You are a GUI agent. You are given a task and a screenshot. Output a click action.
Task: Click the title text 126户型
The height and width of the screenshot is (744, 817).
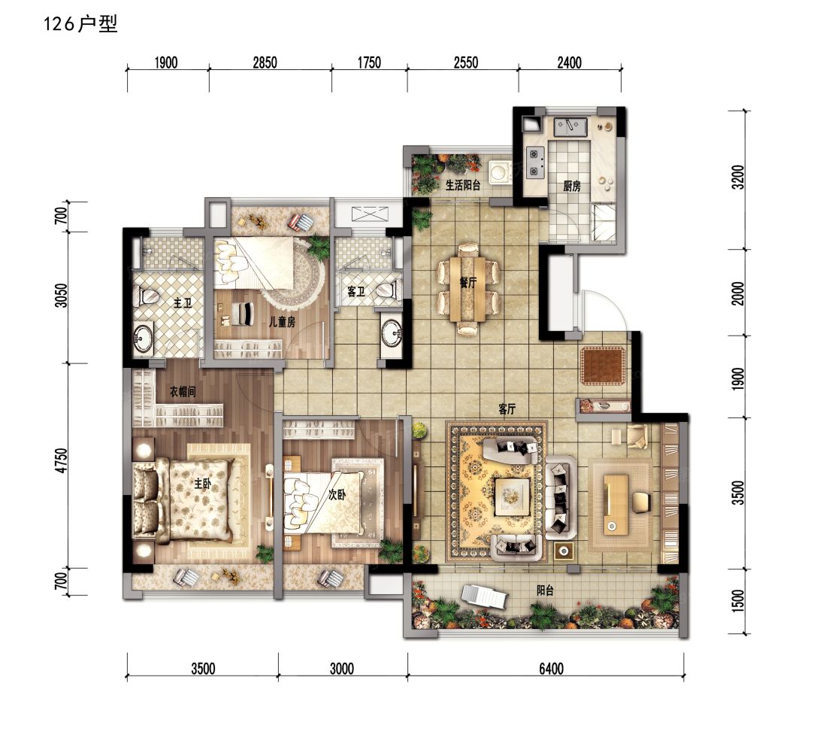[82, 25]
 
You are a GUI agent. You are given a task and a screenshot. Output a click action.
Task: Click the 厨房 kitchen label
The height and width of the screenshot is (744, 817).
[572, 187]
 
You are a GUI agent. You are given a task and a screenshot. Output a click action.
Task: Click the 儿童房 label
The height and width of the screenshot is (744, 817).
[282, 321]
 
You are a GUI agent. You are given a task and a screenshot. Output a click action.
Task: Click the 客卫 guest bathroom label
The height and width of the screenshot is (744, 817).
[356, 292]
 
